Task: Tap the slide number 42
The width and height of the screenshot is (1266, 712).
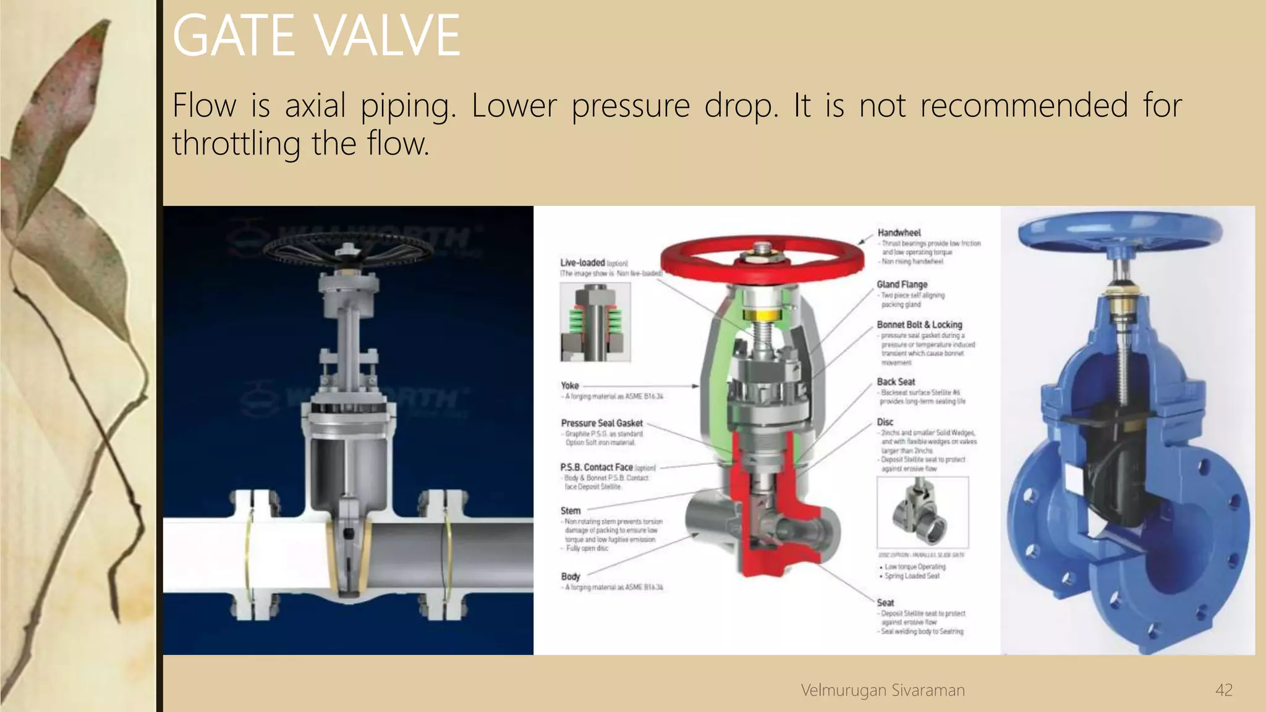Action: coord(1223,690)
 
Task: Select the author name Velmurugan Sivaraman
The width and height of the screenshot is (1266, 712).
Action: coord(882,690)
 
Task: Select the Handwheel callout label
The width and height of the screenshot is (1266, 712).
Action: coord(899,233)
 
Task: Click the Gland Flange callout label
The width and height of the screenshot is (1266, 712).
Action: coord(902,284)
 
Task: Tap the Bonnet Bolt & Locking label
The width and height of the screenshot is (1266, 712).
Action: coord(919,324)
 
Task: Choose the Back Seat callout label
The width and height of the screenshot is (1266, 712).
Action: coord(896,382)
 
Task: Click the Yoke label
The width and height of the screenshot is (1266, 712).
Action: coord(570,386)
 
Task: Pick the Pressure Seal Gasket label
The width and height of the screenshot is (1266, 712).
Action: coord(601,423)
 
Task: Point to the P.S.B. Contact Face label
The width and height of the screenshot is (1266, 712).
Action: coord(597,467)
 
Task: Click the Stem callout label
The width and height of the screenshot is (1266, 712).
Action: coord(571,511)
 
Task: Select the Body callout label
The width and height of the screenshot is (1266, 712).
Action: coord(571,577)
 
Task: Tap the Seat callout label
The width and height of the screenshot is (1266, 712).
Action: coord(885,603)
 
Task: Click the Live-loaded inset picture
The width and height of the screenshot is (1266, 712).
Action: coord(595,322)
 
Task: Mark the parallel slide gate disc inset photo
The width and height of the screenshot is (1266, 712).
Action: coord(922,512)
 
